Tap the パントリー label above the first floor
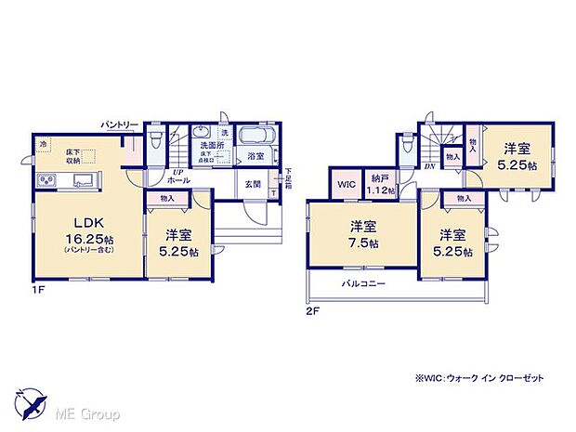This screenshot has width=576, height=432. (120, 124)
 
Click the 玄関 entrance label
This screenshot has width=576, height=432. (253, 184)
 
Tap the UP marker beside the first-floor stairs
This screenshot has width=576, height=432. (175, 172)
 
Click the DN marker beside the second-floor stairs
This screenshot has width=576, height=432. (430, 166)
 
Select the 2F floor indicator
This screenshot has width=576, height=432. (312, 310)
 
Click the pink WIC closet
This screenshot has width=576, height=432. (347, 184)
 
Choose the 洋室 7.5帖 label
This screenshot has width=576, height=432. (363, 233)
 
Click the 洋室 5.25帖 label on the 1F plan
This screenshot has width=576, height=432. (176, 240)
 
